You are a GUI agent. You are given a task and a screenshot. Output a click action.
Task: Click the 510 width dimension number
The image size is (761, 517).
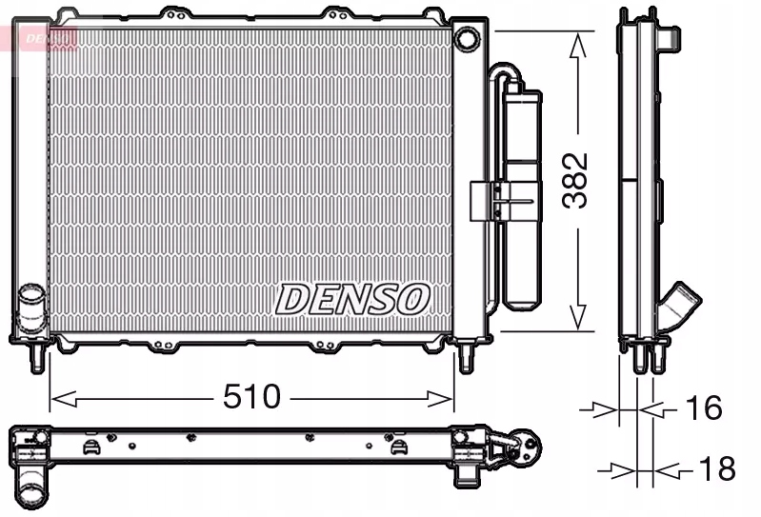coord(251,396)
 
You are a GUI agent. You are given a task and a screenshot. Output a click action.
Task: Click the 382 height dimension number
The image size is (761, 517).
coord(574,180)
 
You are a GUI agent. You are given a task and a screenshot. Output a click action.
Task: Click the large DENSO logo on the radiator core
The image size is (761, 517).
coord(352,298)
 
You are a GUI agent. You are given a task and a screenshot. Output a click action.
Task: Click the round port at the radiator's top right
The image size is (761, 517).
coord(467,39)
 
